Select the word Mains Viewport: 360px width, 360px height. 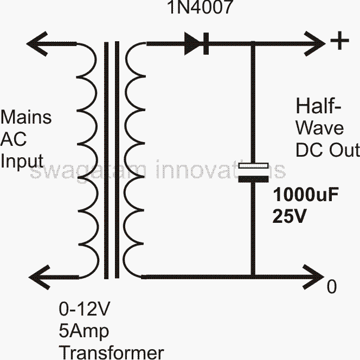coord(27,117)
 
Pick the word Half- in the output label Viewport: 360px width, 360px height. coord(312,105)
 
